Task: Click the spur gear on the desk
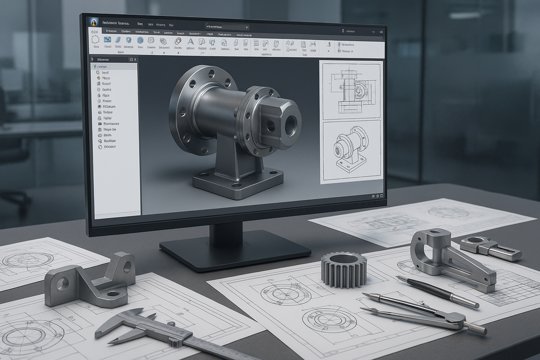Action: [x=343, y=270]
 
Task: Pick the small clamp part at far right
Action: [x=490, y=247]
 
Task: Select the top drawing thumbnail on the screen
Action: [x=351, y=90]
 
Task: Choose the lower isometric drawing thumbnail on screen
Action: [x=351, y=151]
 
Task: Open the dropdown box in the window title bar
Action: [x=227, y=26]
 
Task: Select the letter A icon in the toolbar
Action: [x=191, y=42]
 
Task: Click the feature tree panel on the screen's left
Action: [x=115, y=137]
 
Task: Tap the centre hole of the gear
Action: [x=343, y=259]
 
